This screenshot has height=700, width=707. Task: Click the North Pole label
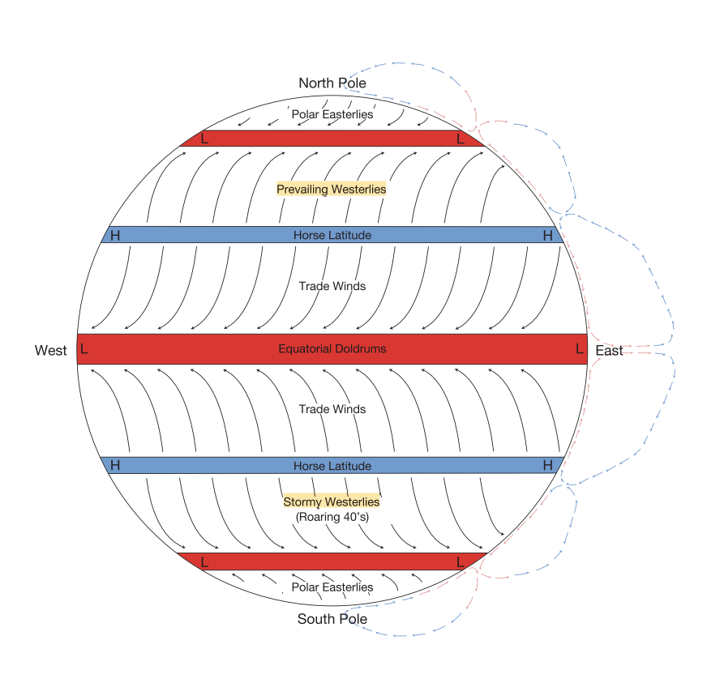click(x=332, y=83)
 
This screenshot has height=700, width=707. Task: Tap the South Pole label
click(x=332, y=619)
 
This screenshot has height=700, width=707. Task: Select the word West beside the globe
click(x=50, y=351)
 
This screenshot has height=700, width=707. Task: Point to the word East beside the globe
click(x=609, y=351)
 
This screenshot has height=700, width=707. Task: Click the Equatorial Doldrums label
click(x=332, y=349)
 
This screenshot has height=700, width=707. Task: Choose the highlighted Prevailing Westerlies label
click(x=331, y=189)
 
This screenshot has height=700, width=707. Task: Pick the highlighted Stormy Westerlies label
click(x=331, y=502)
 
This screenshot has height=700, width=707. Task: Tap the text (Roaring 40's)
click(x=332, y=516)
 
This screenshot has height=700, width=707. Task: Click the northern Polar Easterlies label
click(x=332, y=114)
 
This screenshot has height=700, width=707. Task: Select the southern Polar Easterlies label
click(x=332, y=587)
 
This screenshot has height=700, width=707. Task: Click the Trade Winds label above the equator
click(x=332, y=286)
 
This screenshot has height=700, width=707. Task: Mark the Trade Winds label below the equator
click(x=332, y=409)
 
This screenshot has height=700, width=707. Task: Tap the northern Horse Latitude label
click(x=332, y=236)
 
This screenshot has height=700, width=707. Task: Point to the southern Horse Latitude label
click(x=332, y=466)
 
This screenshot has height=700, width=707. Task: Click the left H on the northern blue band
click(x=115, y=236)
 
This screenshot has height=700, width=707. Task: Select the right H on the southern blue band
click(x=547, y=465)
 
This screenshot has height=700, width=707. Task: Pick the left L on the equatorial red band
click(x=84, y=349)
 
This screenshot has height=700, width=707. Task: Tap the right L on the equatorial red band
click(x=579, y=349)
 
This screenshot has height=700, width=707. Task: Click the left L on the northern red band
click(x=204, y=139)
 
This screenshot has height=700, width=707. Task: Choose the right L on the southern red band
click(x=461, y=561)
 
